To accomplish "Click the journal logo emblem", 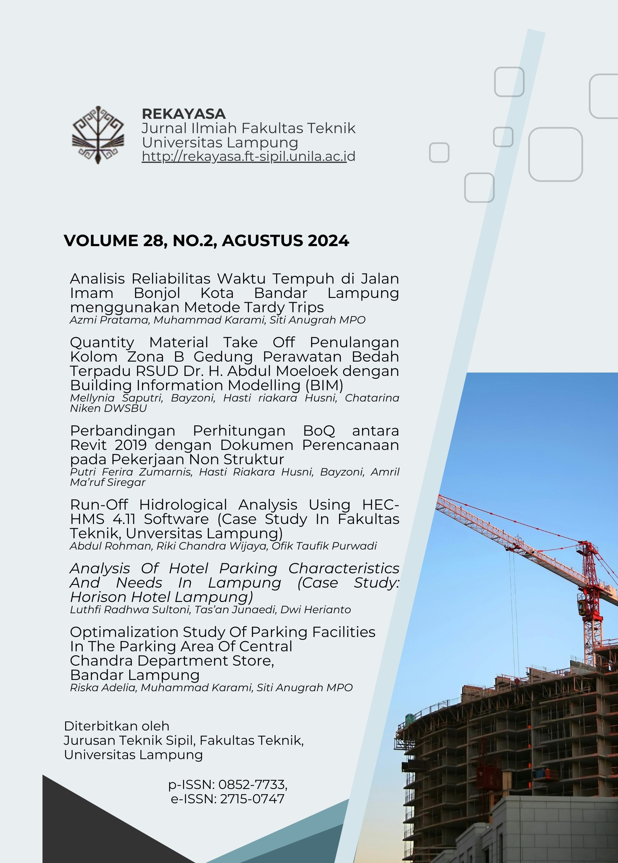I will [x=98, y=135].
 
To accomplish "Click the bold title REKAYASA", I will [x=183, y=114].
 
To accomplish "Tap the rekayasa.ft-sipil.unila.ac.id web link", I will [x=248, y=156].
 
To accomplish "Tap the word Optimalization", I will [x=124, y=632].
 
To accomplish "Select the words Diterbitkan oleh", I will [x=116, y=726].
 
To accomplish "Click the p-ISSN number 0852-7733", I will [x=252, y=785].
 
